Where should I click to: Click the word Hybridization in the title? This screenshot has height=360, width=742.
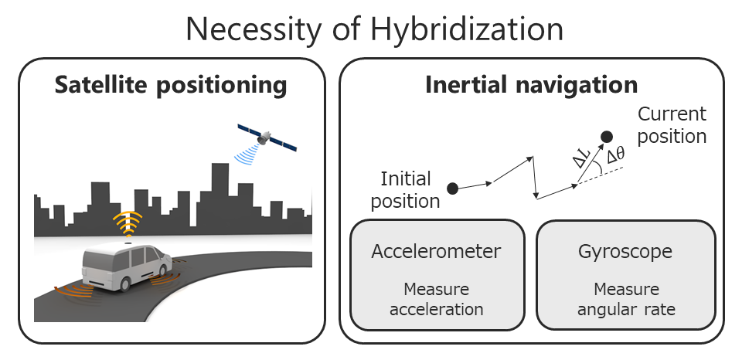[467, 29]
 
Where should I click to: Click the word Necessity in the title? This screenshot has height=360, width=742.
[254, 29]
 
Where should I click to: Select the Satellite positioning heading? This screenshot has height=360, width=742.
[171, 85]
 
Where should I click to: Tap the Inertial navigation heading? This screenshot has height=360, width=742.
[532, 85]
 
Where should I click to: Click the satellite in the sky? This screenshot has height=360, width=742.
[267, 138]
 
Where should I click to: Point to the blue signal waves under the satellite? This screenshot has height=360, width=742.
[247, 154]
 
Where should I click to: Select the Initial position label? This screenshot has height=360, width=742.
[406, 190]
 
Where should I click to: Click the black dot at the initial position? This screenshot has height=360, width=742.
[452, 188]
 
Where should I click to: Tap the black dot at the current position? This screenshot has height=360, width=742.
[607, 138]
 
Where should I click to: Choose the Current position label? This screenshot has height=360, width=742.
[672, 125]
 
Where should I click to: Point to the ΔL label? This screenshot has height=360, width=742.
[580, 158]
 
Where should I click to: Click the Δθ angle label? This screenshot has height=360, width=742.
[616, 155]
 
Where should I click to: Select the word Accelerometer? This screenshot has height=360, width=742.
[436, 251]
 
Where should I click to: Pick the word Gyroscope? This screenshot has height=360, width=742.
[625, 252]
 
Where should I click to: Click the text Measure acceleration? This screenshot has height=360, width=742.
[437, 299]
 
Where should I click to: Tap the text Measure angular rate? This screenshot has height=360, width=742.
[626, 299]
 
